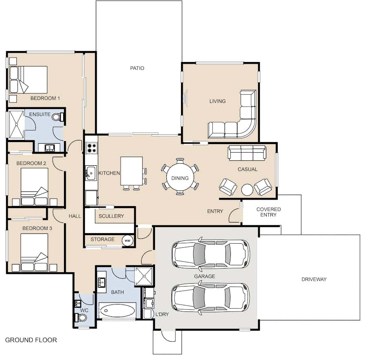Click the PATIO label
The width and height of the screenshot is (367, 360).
click(137, 68)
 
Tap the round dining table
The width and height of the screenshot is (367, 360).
click(180, 177)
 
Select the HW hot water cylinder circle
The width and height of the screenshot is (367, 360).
click(128, 240)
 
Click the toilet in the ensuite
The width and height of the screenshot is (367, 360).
click(57, 117)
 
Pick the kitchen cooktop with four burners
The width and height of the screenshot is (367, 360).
click(91, 148)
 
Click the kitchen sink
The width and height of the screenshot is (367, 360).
click(91, 173)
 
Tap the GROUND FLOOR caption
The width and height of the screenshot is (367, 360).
click(31, 340)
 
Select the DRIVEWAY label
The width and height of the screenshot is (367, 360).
click(314, 279)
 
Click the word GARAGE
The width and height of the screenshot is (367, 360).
click(205, 276)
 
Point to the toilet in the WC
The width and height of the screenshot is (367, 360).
click(82, 318)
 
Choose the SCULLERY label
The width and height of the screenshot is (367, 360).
click(111, 216)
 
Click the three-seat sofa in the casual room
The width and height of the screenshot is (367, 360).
click(247, 153)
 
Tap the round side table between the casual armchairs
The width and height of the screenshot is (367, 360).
click(247, 189)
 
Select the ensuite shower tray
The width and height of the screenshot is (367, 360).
click(16, 124)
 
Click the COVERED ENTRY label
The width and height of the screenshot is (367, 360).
click(268, 212)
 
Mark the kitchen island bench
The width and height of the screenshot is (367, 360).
click(131, 171)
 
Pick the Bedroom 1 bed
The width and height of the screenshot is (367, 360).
click(28, 80)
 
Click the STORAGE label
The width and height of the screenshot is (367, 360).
click(102, 239)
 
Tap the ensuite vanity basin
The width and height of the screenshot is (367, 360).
click(50, 148)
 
